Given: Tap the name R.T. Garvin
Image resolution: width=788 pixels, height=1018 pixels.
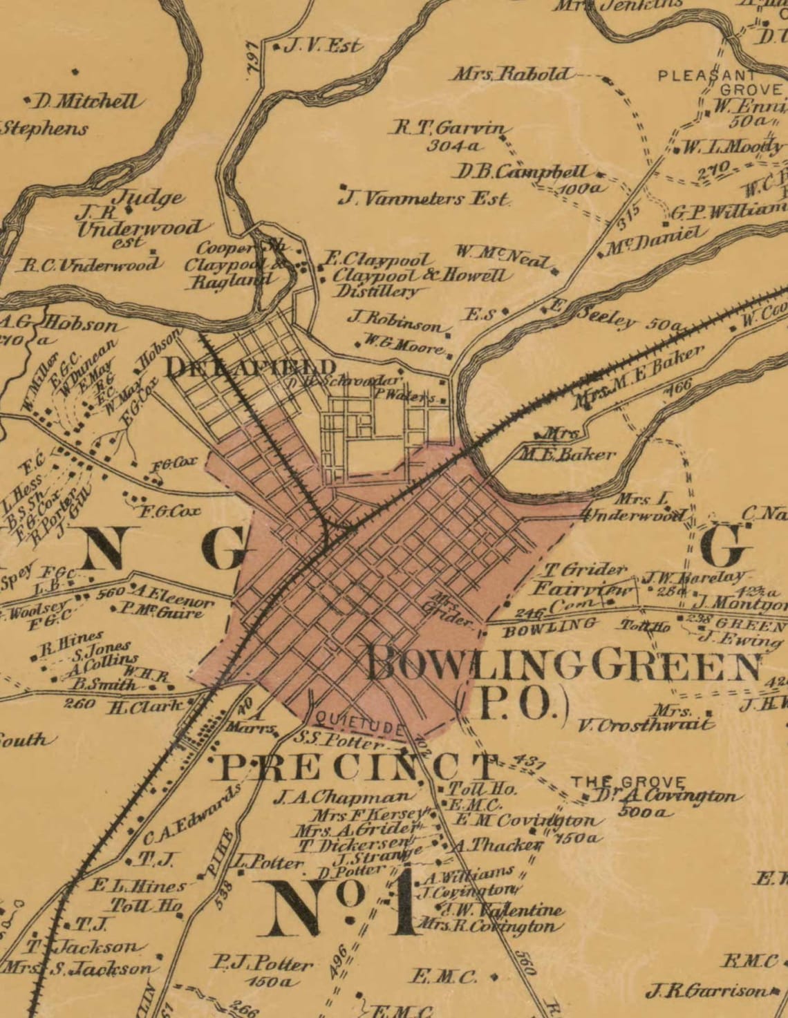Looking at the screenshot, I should (453, 129).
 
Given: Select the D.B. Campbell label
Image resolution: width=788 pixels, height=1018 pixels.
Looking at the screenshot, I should (524, 171).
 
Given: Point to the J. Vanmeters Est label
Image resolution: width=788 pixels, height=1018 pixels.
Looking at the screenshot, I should (424, 200).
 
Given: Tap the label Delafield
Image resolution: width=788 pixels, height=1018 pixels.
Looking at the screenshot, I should (250, 367).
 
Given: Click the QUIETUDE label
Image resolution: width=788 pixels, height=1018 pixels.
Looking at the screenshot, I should (355, 724).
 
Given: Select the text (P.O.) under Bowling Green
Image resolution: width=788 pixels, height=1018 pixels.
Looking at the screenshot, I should (516, 704).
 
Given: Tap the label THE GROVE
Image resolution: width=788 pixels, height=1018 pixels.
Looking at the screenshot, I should (628, 782).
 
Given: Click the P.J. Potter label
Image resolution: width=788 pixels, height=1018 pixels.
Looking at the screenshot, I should (262, 963).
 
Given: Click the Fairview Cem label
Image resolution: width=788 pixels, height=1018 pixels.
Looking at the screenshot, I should (583, 596).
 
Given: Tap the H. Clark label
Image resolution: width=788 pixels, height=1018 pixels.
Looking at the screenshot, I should (147, 706).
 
